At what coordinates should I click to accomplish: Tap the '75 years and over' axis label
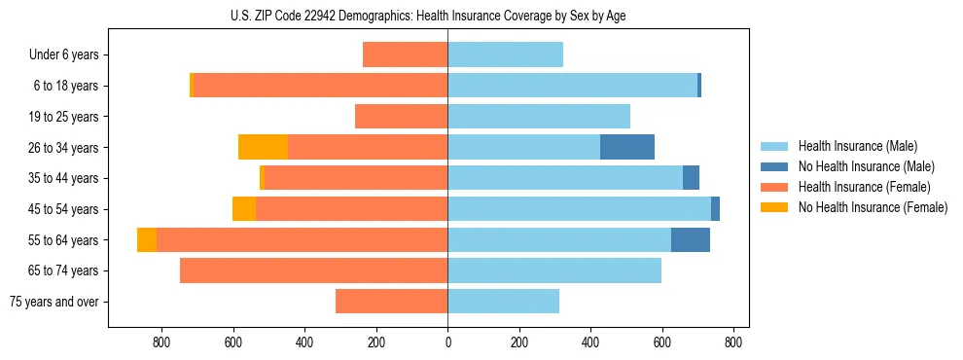(x=54, y=302)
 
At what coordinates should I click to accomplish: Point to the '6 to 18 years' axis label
(x=66, y=86)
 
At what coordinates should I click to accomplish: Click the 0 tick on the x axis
(x=447, y=342)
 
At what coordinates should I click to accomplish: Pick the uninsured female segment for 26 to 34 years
(x=263, y=147)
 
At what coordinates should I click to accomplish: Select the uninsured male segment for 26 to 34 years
(x=627, y=147)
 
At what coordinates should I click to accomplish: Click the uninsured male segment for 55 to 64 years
(x=691, y=239)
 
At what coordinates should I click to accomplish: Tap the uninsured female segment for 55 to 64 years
(x=147, y=239)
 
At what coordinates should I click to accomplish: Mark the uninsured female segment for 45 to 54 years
(x=244, y=209)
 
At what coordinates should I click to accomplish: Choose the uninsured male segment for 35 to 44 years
(x=691, y=178)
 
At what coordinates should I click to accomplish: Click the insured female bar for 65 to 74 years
(x=313, y=270)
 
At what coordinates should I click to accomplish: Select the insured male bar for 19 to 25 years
(x=539, y=117)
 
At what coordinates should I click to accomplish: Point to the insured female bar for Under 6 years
(x=405, y=55)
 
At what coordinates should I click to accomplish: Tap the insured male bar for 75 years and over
(x=503, y=302)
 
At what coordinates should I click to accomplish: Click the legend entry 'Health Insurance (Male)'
(x=857, y=146)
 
